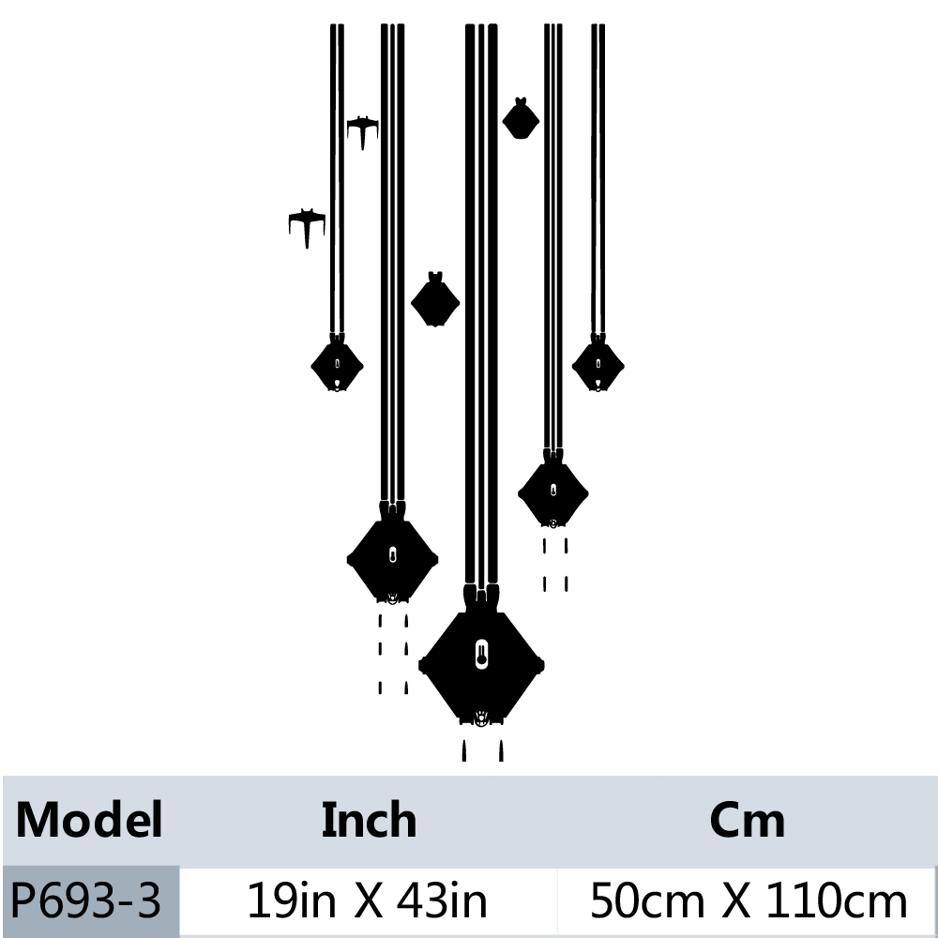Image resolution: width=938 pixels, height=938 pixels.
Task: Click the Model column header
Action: pyautogui.click(x=89, y=820)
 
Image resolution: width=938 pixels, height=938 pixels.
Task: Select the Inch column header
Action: pyautogui.click(x=369, y=820)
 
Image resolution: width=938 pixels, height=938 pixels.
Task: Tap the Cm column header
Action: pyautogui.click(x=748, y=820)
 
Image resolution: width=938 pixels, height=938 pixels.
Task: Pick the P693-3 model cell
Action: pyautogui.click(x=86, y=901)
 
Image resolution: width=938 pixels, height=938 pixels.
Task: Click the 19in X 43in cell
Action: pyautogui.click(x=367, y=901)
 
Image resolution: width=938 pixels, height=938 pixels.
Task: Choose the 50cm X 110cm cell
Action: pyautogui.click(x=748, y=901)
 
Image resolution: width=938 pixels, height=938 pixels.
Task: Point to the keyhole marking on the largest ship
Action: pyautogui.click(x=481, y=653)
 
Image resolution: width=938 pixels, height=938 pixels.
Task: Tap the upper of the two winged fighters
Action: pyautogui.click(x=362, y=129)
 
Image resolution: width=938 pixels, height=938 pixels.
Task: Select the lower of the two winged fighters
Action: pyautogui.click(x=307, y=224)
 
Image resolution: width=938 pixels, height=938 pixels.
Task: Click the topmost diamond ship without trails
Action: pyautogui.click(x=520, y=119)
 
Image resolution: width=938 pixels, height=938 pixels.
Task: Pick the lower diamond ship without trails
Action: pyautogui.click(x=435, y=301)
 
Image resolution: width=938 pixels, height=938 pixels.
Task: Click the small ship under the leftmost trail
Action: pyautogui.click(x=337, y=365)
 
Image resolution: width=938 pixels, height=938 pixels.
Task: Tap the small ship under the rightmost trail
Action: pyautogui.click(x=598, y=365)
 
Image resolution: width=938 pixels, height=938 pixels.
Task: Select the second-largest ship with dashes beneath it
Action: pyautogui.click(x=392, y=558)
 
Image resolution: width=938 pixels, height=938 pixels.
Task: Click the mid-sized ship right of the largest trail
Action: pyautogui.click(x=553, y=492)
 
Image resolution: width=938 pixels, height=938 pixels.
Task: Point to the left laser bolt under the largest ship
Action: pyautogui.click(x=464, y=750)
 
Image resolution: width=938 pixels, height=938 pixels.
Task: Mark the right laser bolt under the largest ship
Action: pyautogui.click(x=500, y=750)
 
